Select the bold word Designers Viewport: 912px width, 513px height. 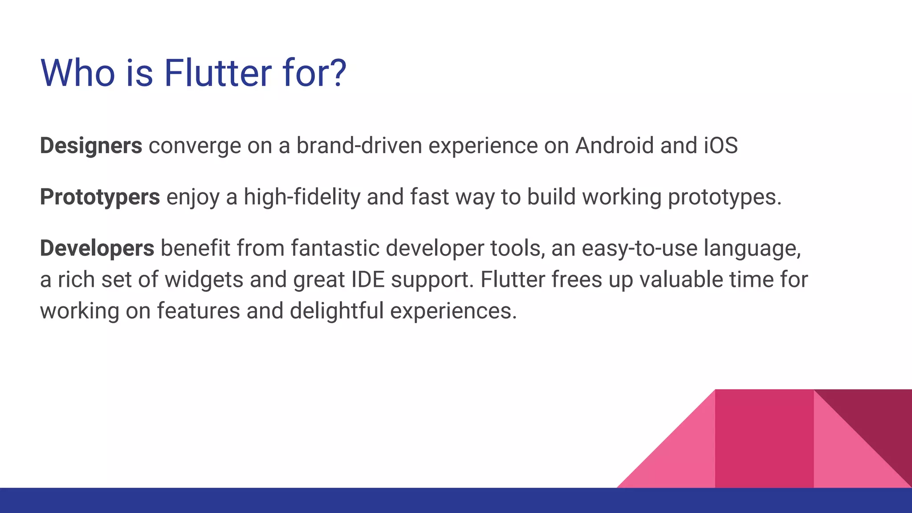point(91,146)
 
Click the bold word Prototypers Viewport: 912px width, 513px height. point(100,197)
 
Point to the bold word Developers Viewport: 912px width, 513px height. point(97,248)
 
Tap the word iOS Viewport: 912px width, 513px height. point(721,146)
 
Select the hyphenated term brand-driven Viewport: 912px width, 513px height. point(359,146)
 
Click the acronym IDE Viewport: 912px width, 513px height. point(368,280)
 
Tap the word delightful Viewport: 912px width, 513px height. point(337,311)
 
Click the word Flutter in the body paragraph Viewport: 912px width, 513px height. point(513,280)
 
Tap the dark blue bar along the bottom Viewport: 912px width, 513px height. point(456,501)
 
